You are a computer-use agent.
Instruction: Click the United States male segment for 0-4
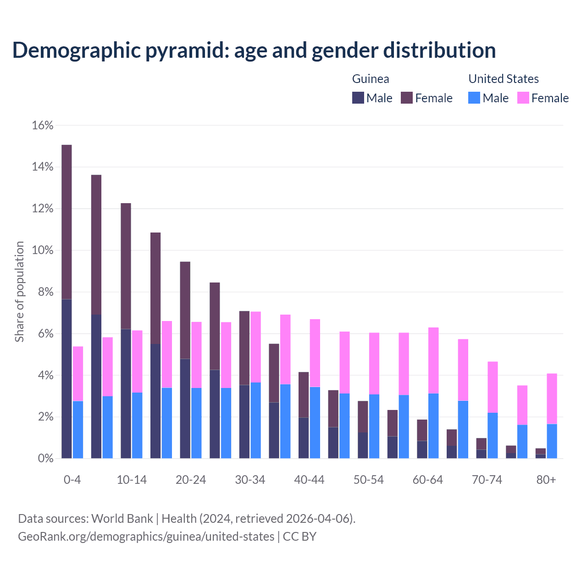[x=78, y=430]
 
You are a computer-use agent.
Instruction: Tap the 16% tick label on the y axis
[x=43, y=126]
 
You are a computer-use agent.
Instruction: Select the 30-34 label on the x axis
[x=250, y=480]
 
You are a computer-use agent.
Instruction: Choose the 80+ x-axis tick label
[x=546, y=480]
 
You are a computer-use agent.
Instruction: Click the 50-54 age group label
[x=368, y=480]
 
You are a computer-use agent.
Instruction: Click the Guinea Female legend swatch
[x=407, y=98]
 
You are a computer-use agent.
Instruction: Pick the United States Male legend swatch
[x=474, y=98]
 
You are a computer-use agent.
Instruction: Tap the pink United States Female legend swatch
[x=523, y=98]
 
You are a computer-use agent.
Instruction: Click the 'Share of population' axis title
[x=19, y=292]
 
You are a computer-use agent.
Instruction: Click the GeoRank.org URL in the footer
[x=146, y=536]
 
